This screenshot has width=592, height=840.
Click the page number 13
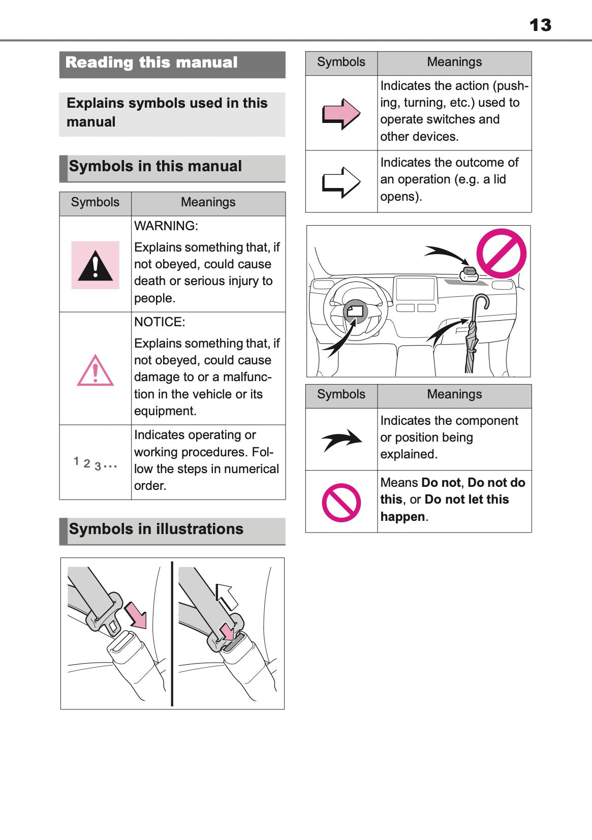(540, 25)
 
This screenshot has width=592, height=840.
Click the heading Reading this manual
(151, 63)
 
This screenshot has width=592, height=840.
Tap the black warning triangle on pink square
(95, 266)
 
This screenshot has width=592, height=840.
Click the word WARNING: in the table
(166, 226)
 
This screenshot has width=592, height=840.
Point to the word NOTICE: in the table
(160, 322)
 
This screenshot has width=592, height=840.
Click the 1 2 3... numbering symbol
(95, 463)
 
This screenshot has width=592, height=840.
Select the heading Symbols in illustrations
(156, 529)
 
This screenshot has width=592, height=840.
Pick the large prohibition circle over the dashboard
(501, 254)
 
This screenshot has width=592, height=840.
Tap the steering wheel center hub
(355, 311)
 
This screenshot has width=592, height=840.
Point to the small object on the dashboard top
(469, 273)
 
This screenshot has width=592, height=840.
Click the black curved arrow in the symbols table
(341, 440)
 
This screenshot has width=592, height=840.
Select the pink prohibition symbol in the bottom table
(341, 502)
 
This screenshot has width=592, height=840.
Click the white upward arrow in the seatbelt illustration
(227, 596)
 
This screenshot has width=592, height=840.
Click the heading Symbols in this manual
(155, 166)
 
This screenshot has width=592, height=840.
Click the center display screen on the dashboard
(415, 289)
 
